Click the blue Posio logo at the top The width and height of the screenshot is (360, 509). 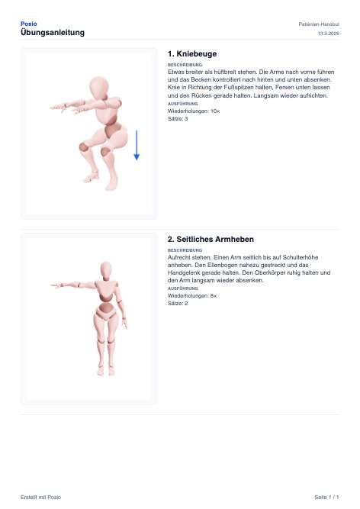click(x=28, y=24)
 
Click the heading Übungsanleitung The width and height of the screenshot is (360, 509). click(x=53, y=33)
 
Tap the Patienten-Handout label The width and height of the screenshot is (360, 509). click(x=319, y=24)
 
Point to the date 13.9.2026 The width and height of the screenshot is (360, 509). click(x=328, y=34)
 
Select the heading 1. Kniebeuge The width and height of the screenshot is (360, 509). click(x=192, y=54)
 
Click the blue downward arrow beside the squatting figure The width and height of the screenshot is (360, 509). click(x=137, y=145)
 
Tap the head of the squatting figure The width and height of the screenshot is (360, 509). click(x=99, y=87)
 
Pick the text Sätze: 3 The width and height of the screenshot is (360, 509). click(x=178, y=119)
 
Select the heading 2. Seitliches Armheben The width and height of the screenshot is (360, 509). click(x=211, y=240)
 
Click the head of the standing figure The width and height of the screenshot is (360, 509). click(x=106, y=270)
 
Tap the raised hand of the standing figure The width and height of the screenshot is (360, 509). click(x=56, y=285)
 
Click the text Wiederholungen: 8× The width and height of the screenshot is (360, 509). click(x=192, y=296)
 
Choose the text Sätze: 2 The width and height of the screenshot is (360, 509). click(x=178, y=304)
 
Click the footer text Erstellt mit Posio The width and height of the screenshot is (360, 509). click(x=40, y=497)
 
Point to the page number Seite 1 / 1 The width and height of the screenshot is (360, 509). click(x=326, y=497)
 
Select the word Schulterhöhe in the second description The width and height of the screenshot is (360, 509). click(x=301, y=257)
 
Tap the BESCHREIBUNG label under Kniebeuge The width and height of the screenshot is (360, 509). click(x=185, y=65)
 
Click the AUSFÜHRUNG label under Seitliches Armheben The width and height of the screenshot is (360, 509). click(x=182, y=288)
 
